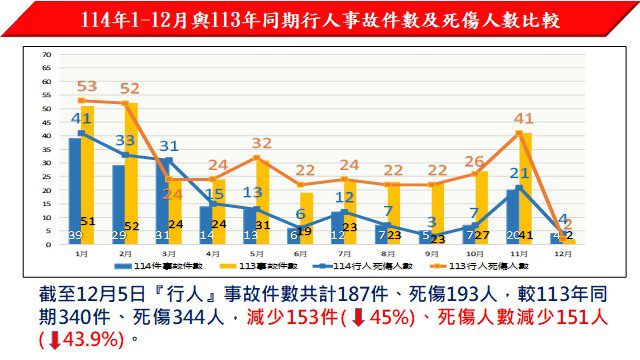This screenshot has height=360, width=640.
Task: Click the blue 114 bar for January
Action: tap(74, 190)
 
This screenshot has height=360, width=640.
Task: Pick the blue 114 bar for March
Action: tap(163, 201)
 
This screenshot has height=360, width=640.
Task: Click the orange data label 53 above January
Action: tap(86, 86)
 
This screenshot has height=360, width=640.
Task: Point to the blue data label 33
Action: tap(126, 141)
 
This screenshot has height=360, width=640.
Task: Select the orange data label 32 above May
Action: tap(262, 144)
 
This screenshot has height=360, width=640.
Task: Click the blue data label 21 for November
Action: tap(519, 173)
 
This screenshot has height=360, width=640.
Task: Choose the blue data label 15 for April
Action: tap(214, 194)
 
